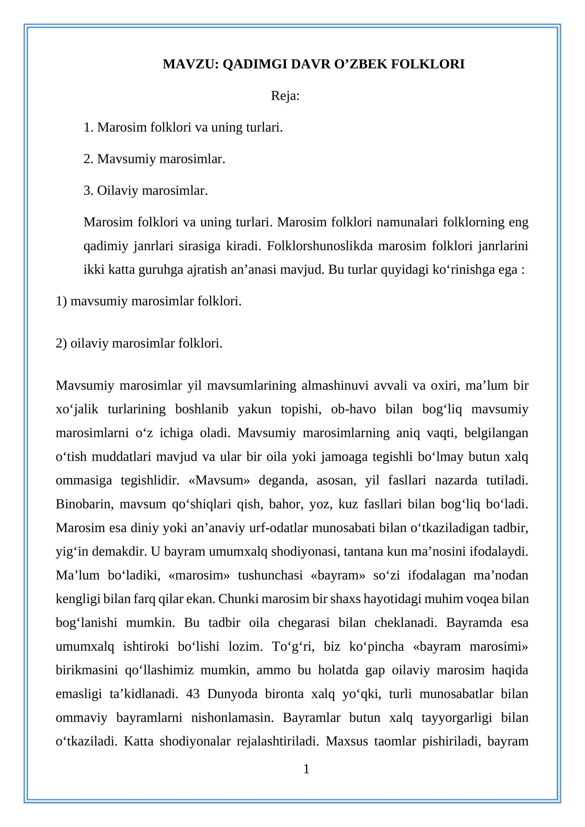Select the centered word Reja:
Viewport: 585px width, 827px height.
pyautogui.click(x=285, y=96)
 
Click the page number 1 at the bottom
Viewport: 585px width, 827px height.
pyautogui.click(x=306, y=769)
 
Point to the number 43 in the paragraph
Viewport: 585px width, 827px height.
pyautogui.click(x=193, y=694)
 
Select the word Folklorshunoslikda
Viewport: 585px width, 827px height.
pyautogui.click(x=320, y=246)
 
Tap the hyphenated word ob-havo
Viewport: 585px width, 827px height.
pyautogui.click(x=353, y=409)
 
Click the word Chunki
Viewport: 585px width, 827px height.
pyautogui.click(x=238, y=599)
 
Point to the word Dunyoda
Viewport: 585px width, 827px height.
pyautogui.click(x=232, y=694)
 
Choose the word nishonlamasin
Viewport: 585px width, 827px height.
pyautogui.click(x=233, y=717)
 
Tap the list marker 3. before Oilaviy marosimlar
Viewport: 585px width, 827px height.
pyautogui.click(x=88, y=190)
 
